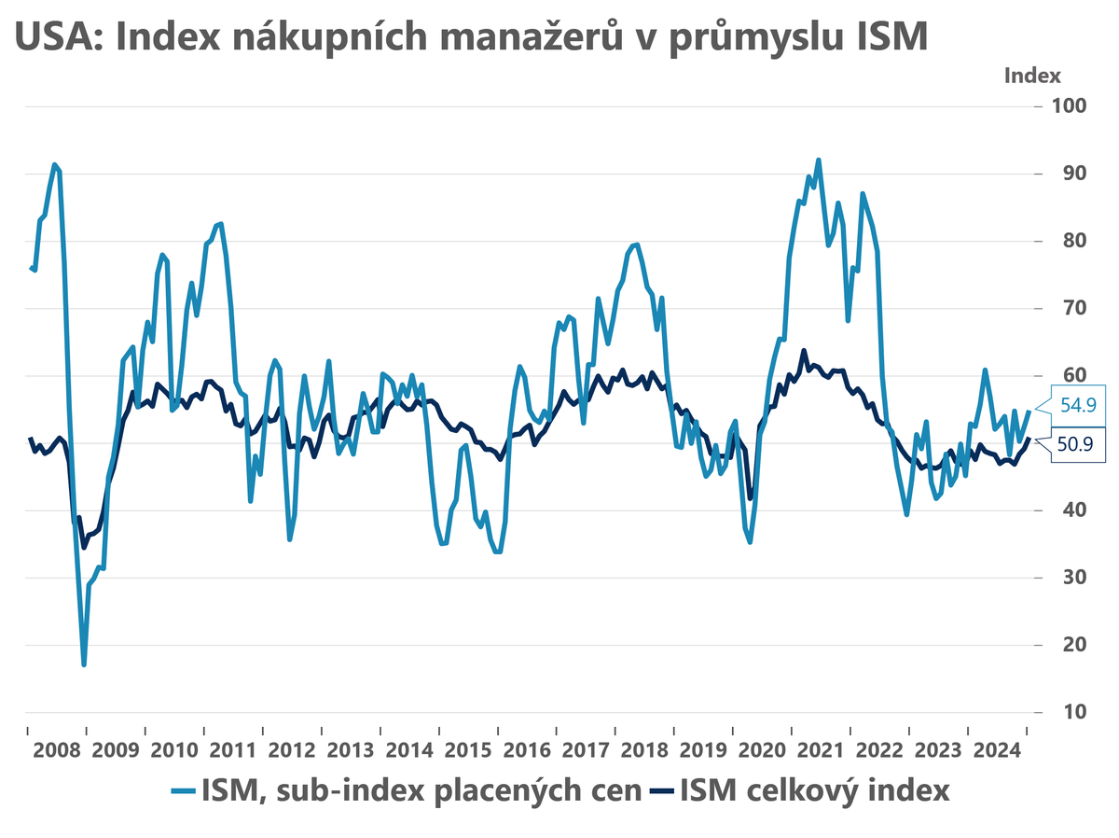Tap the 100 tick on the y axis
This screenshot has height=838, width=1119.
[x=1071, y=105]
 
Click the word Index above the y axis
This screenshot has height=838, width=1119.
[x=1032, y=76]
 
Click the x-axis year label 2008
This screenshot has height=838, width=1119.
[x=57, y=749]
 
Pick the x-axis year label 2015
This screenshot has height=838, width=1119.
[x=467, y=749]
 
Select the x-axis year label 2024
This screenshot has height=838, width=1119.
[x=995, y=749]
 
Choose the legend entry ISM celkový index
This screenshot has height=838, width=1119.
[x=813, y=790]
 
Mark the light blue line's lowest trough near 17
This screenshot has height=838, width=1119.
[x=84, y=664]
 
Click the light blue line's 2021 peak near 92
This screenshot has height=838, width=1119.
[x=819, y=160]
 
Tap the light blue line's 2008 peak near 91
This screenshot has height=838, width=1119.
[x=55, y=164]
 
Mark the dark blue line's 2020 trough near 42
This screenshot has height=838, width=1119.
[x=750, y=498]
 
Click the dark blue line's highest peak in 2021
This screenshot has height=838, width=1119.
[x=804, y=351]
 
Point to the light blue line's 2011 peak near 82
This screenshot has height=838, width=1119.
[x=220, y=223]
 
